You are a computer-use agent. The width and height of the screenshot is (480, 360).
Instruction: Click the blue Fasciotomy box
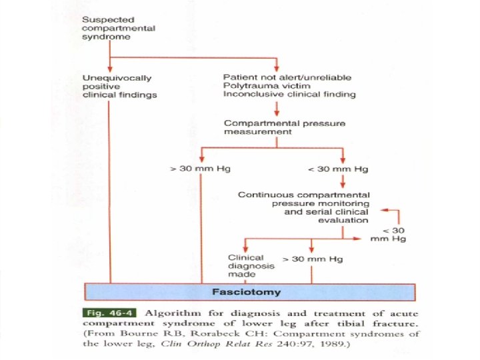(249, 292)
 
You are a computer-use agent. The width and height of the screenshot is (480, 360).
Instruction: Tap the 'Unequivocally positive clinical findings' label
(119, 86)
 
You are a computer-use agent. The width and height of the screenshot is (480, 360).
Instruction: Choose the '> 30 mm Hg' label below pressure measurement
(200, 168)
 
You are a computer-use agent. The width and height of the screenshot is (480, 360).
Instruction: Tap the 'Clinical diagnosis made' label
(246, 265)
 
